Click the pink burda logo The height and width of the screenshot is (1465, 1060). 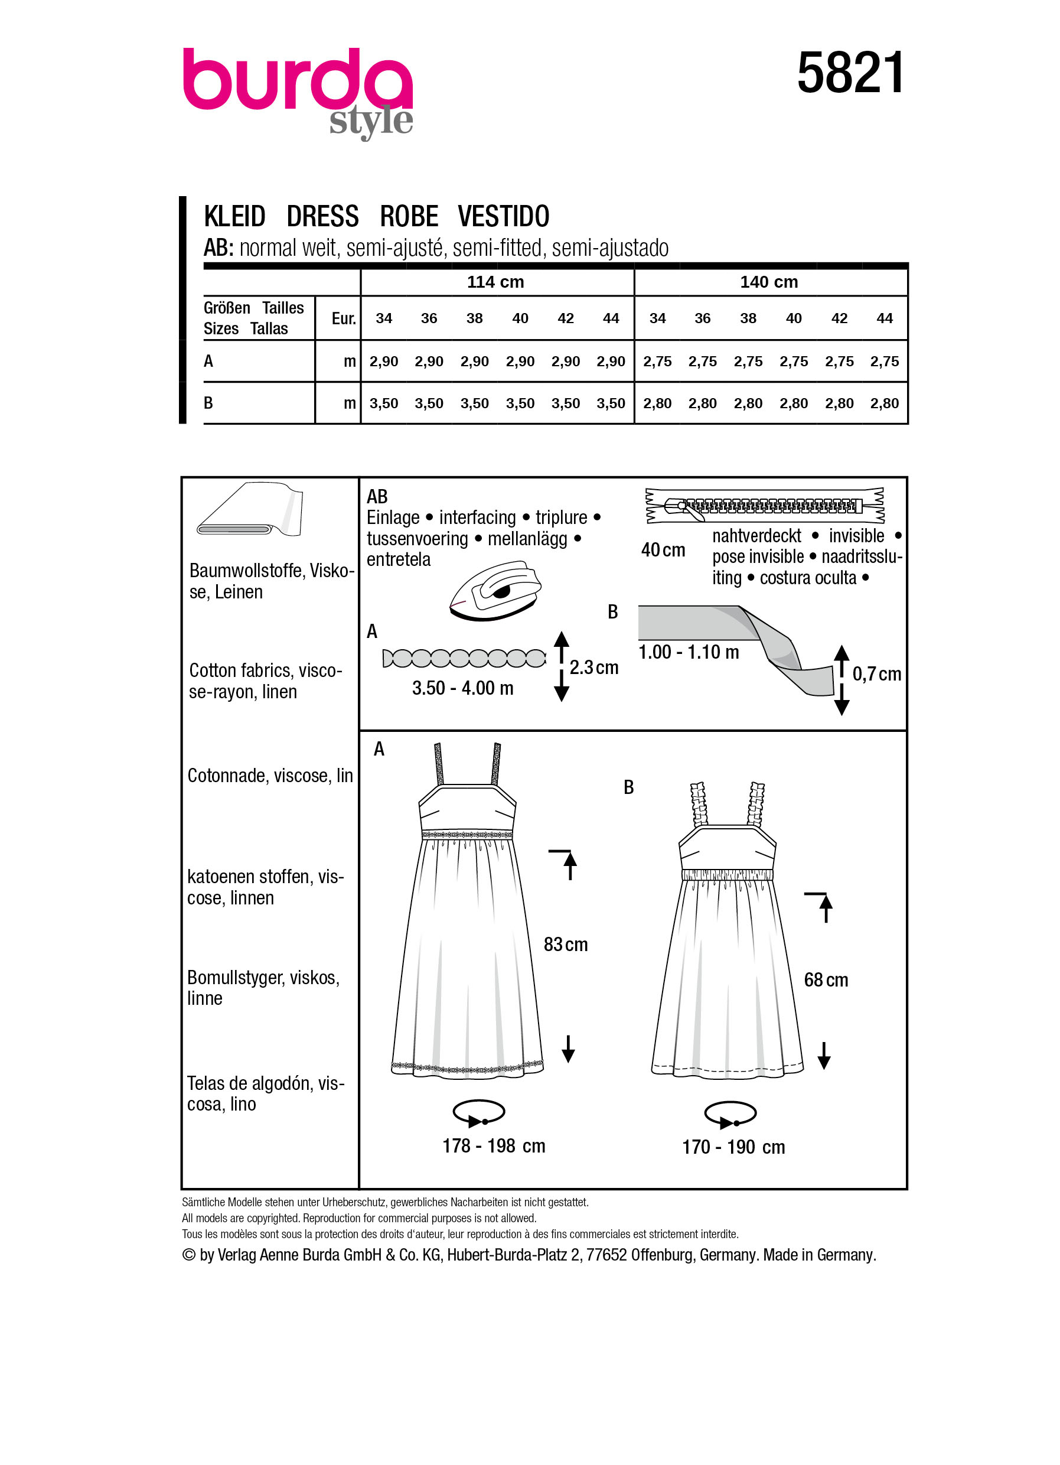point(297,81)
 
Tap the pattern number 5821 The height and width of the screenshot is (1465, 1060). point(850,73)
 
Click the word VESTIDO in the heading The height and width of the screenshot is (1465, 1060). point(503,216)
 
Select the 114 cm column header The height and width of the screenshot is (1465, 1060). point(495,282)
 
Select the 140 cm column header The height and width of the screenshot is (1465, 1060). point(769,282)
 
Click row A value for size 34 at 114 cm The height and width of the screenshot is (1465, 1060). point(383,362)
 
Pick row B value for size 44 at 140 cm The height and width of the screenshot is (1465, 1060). point(884,403)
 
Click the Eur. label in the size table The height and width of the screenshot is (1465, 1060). point(344,318)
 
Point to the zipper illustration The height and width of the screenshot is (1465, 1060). point(764,505)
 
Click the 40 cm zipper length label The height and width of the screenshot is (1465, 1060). point(663,551)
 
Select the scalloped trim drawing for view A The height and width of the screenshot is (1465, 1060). point(464,658)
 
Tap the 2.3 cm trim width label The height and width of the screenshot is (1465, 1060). point(593,668)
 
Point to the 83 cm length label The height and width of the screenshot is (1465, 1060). point(566,945)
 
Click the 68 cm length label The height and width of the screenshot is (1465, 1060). point(826,981)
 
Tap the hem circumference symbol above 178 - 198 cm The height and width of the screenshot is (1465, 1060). point(478,1113)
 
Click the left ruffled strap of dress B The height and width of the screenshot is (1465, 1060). point(699,804)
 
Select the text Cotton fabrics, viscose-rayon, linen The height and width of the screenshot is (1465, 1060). point(265,681)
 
